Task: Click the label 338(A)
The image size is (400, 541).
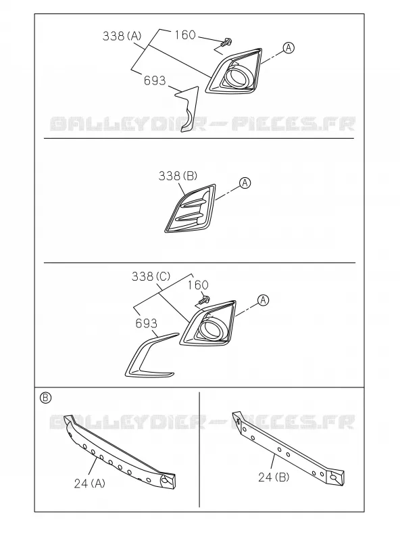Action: coord(122,36)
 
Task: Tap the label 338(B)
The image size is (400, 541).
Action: coord(178,176)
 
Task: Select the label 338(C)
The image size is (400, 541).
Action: coord(151,277)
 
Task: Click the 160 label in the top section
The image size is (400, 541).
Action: coord(185,35)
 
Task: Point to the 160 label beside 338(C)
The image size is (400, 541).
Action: coord(198,285)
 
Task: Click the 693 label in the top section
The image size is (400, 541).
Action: coord(155,80)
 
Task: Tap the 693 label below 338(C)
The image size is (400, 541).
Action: coord(146,323)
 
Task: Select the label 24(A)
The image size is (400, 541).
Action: coord(90,484)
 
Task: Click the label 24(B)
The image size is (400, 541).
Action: coord(274,477)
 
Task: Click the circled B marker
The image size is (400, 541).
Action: coord(45,398)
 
